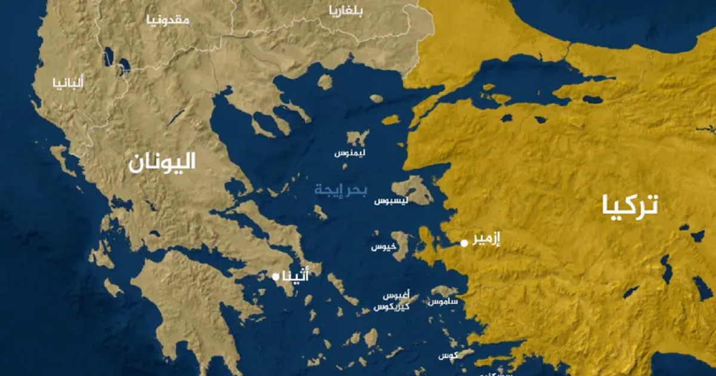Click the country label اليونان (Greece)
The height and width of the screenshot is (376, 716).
162,162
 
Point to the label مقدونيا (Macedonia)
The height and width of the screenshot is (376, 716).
168,20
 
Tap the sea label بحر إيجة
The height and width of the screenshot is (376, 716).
341,190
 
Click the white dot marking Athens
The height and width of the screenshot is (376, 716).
276,277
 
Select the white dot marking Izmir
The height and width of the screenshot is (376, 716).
464,243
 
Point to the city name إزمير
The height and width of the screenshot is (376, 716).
486,238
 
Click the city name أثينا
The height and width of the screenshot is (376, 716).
297,276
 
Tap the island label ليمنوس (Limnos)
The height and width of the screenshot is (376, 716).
350,153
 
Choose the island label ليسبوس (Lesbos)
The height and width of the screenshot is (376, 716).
391,201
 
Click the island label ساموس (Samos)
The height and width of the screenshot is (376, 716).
443,302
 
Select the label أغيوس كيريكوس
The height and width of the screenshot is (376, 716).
393,301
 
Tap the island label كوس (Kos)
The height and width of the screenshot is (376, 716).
447,356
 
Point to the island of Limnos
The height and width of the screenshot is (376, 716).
358,139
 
